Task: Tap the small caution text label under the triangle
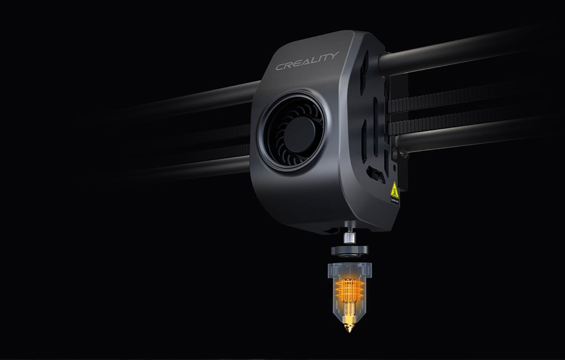click(394, 199)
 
